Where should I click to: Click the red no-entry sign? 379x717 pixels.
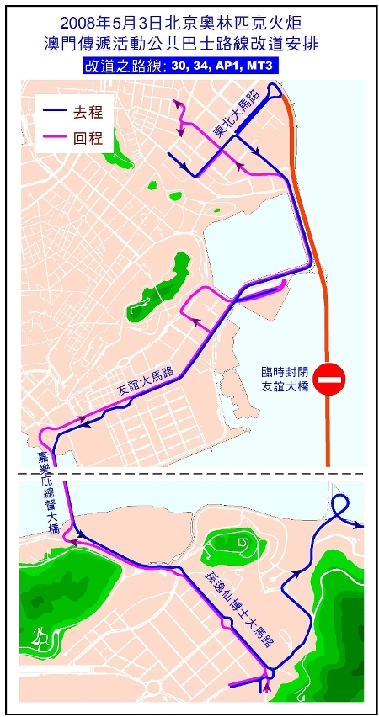click(x=332, y=380)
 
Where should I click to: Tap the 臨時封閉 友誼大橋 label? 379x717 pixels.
click(x=286, y=379)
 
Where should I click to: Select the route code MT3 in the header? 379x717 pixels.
click(x=263, y=65)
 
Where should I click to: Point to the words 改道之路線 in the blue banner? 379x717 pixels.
click(x=128, y=65)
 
